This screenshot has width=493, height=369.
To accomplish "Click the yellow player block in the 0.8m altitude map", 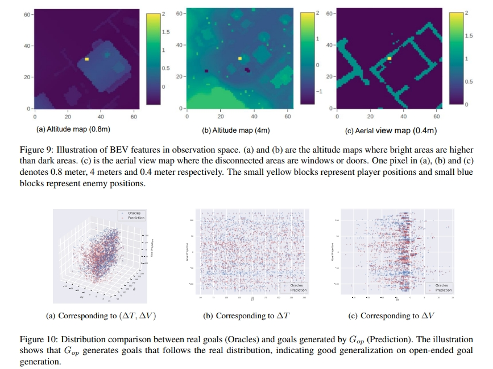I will pos(87,59).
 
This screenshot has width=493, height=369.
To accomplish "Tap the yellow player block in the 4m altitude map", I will pos(240,58).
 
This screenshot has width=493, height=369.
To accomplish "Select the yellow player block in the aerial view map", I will pos(390,58).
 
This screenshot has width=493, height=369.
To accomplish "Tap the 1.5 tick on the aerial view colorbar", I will pos(470,35).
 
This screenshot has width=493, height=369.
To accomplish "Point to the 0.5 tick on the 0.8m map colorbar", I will pos(166,68).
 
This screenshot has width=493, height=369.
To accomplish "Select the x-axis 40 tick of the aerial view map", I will pos(403,116).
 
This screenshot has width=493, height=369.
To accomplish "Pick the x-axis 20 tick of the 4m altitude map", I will pos(221,116).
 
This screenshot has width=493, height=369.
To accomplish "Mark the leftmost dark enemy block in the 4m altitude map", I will pos(206,71).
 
